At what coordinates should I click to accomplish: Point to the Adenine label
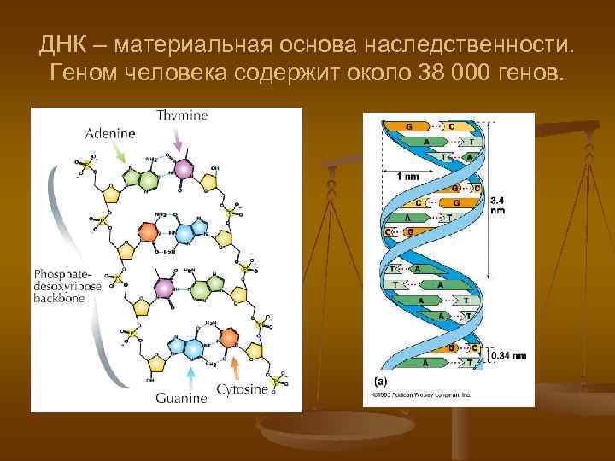110,134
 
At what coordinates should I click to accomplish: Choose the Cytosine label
243,389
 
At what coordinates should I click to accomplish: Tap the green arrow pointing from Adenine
120,155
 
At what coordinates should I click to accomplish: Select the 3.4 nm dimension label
497,206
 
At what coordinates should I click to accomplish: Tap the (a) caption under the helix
379,382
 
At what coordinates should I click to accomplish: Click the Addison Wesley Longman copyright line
421,395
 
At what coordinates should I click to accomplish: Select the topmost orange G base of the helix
409,126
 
